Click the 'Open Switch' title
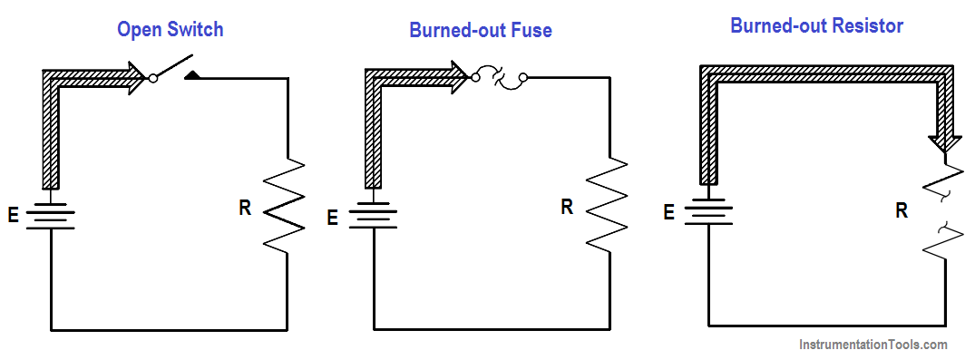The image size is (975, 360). [x=170, y=30]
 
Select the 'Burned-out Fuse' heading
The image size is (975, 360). [x=480, y=31]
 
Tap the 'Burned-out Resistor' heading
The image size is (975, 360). [x=816, y=25]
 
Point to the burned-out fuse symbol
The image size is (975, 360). [x=499, y=78]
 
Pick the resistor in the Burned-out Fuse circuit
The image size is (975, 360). [x=607, y=203]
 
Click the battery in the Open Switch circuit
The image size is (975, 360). [x=51, y=215]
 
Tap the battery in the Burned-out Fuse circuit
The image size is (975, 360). [x=373, y=215]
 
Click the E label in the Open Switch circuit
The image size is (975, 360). [x=14, y=217]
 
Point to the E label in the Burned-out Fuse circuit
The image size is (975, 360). [x=332, y=218]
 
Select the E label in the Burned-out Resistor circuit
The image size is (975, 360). [x=669, y=213]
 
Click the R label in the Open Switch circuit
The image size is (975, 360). [x=245, y=208]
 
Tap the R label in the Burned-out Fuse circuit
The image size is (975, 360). [x=567, y=207]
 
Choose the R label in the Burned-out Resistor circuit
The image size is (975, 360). [x=902, y=211]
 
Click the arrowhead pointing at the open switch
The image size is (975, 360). [x=136, y=78]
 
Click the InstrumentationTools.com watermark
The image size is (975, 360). [x=873, y=345]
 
